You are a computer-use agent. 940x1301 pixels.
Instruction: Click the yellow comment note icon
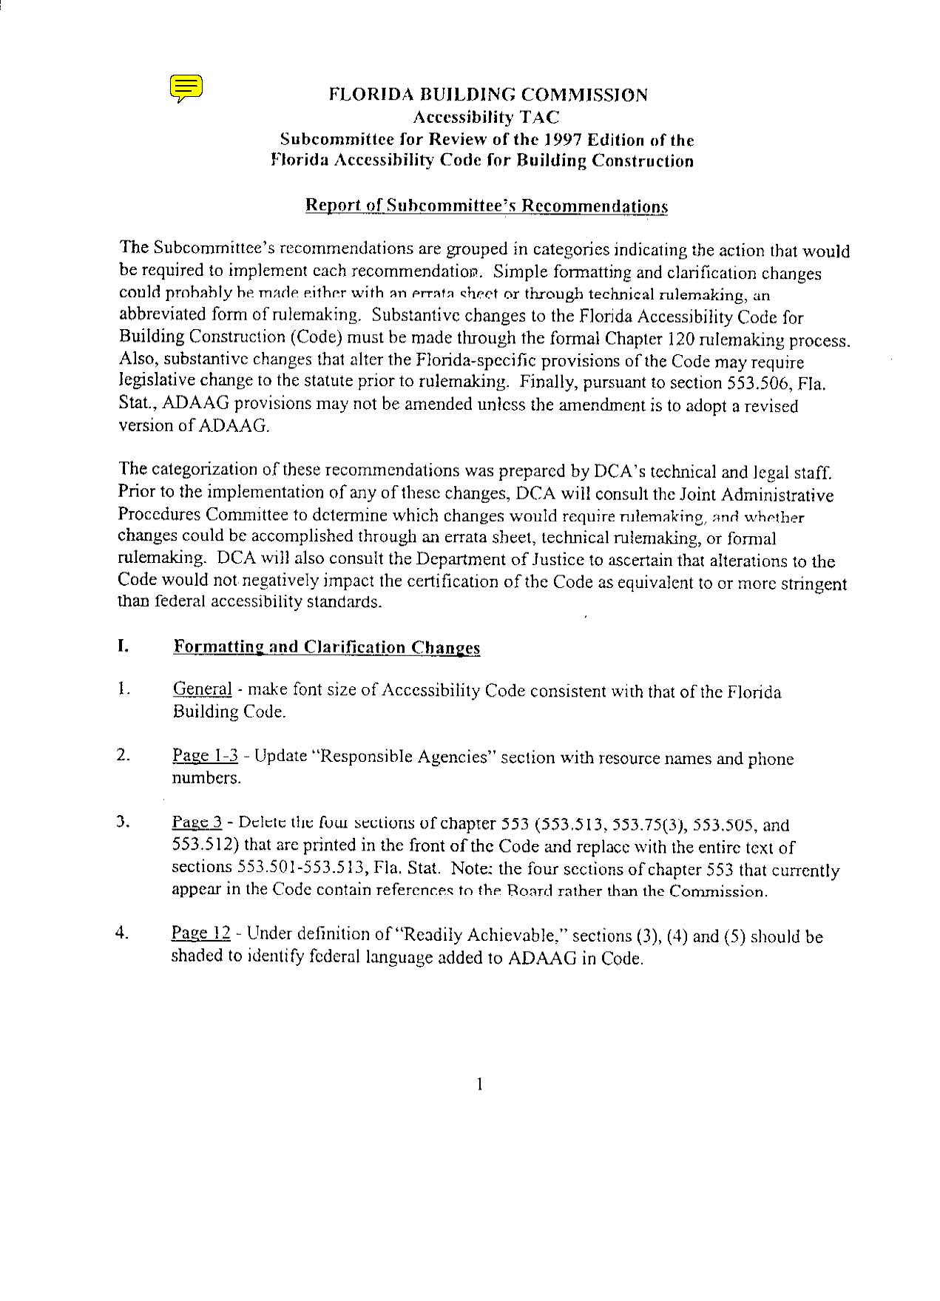click(186, 87)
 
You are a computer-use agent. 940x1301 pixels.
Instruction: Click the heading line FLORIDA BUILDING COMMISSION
click(487, 95)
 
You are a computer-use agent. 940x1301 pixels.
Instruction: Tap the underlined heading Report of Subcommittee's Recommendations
click(486, 206)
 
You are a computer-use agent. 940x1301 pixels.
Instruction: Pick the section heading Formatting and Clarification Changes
click(326, 648)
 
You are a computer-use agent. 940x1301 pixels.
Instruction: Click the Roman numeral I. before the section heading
click(123, 646)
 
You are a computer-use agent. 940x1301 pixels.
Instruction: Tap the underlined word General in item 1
click(202, 689)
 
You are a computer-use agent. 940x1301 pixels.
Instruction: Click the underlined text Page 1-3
click(205, 755)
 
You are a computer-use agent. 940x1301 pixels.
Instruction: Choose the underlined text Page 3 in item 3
click(197, 822)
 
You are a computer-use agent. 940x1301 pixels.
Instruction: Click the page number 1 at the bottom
click(480, 1084)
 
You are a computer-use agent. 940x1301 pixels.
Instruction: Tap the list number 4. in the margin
click(123, 933)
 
